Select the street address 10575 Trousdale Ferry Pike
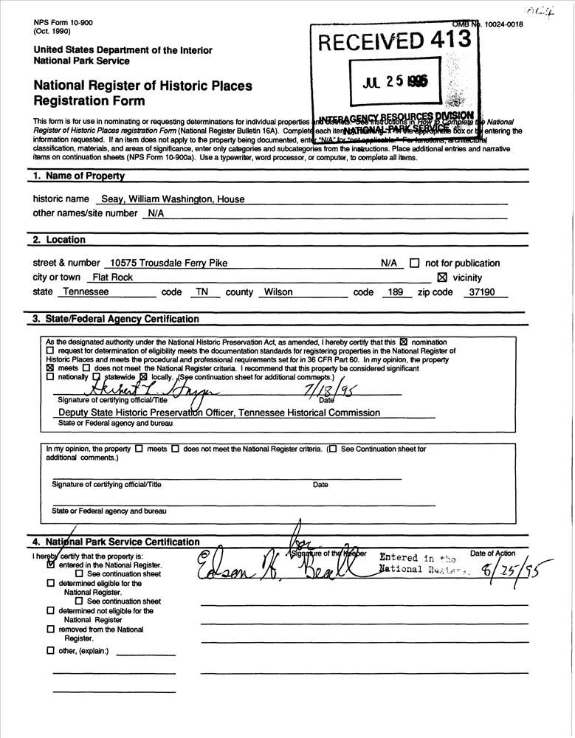pos(167,263)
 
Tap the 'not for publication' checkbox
pos(414,263)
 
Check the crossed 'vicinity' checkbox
pos(442,278)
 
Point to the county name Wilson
pos(276,292)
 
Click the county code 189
pos(394,292)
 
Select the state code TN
pos(199,292)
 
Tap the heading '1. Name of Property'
pos(78,176)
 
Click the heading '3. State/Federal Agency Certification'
pos(115,319)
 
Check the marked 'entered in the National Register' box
pos(50,565)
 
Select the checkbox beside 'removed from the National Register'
pos(50,630)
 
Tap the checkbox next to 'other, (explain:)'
pos(50,651)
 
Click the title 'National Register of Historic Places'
pos(142,86)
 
